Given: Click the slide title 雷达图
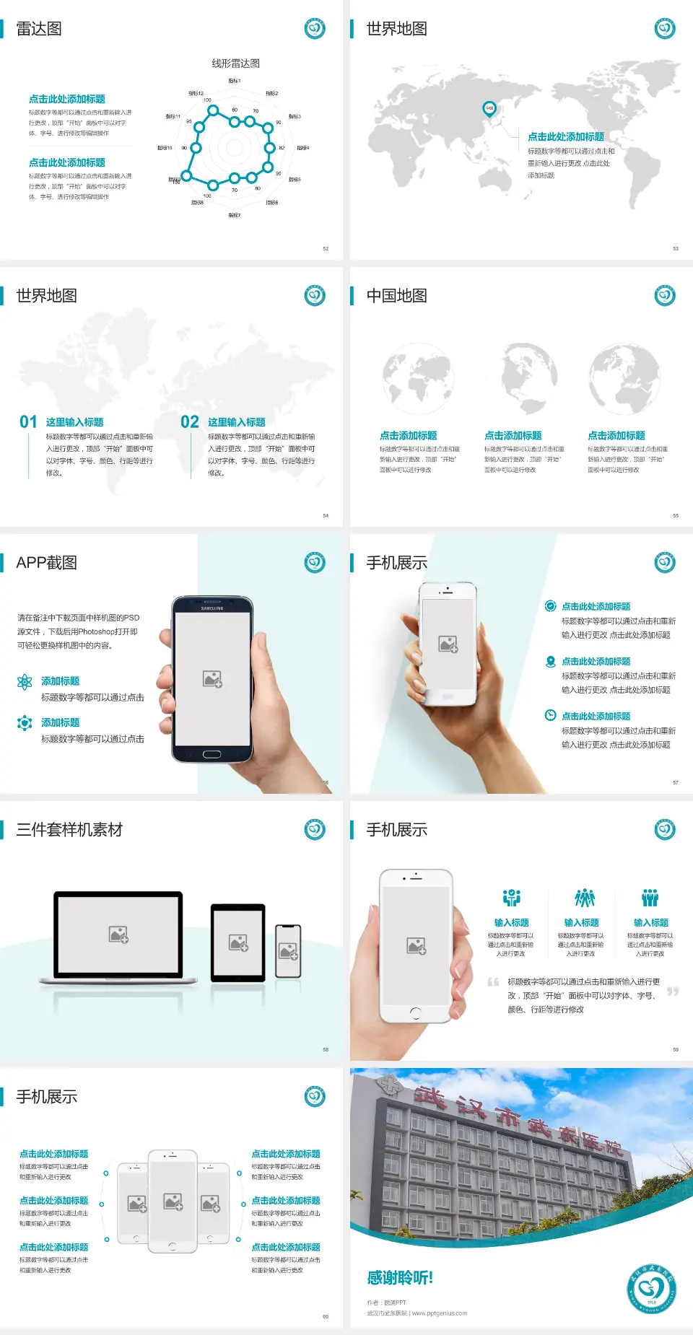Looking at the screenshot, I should (39, 29).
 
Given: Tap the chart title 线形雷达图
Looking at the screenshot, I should (235, 64).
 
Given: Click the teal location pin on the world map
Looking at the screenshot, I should (489, 109).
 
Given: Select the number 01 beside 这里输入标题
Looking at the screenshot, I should (28, 422).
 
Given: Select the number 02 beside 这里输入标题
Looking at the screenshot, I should (190, 422).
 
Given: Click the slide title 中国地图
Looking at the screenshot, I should (396, 296).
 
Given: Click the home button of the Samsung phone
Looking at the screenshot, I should (212, 754).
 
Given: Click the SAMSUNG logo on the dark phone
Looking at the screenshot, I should (212, 608).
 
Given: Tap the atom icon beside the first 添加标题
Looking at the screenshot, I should (25, 682).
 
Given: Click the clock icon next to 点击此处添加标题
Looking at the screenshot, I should (550, 715).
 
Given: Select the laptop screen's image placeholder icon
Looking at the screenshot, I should (118, 934).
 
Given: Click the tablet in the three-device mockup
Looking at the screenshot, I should (237, 942).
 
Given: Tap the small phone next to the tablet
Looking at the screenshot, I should (288, 951).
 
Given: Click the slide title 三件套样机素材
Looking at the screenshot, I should (69, 830).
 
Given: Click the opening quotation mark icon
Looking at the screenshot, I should (493, 982).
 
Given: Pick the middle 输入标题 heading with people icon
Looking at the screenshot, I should (582, 923).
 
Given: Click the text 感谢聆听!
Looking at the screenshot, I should (400, 1278).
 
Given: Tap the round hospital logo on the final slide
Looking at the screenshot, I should (651, 1288).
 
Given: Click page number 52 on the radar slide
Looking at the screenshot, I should (326, 248).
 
